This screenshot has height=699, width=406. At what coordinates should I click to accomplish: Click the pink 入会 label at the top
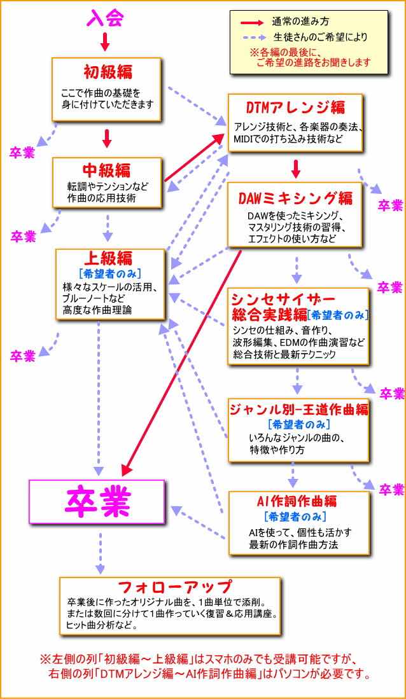[x=104, y=18]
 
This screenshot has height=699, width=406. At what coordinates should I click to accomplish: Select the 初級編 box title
[x=108, y=71]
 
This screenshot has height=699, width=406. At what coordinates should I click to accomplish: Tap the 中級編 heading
[x=107, y=170]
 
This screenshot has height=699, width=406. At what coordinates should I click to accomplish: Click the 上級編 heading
[x=108, y=257]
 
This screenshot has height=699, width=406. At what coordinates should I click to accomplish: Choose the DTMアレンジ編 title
[x=295, y=106]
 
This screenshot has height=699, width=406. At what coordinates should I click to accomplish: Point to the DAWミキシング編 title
[x=295, y=197]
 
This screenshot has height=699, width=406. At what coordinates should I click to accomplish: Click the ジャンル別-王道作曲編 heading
[x=299, y=409]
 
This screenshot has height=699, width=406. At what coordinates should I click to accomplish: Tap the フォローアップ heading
[x=167, y=586]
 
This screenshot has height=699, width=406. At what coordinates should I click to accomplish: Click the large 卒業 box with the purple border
[x=97, y=503]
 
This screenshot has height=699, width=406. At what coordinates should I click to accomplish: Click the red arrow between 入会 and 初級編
[x=105, y=42]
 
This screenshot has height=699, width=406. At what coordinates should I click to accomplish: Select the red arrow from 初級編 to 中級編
[x=107, y=138]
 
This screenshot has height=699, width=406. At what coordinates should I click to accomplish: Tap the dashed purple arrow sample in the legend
[x=251, y=37]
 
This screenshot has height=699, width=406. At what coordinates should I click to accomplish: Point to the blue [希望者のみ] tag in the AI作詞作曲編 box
[x=295, y=516]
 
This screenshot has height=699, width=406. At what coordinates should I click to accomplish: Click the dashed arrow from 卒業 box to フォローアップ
[x=99, y=552]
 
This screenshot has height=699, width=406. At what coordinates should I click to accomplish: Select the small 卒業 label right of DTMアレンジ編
[x=390, y=205]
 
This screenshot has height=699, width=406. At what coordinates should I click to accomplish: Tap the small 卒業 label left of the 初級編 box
[x=22, y=153]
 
